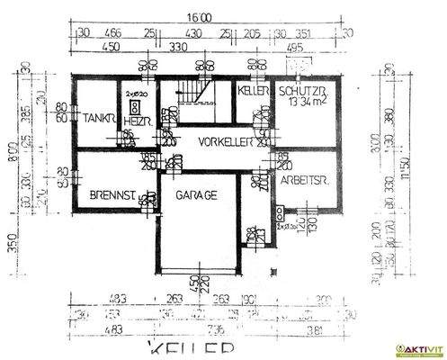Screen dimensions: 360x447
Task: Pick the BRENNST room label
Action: click(112, 195)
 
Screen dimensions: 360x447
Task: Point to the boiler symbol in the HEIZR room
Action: click(135, 104)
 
